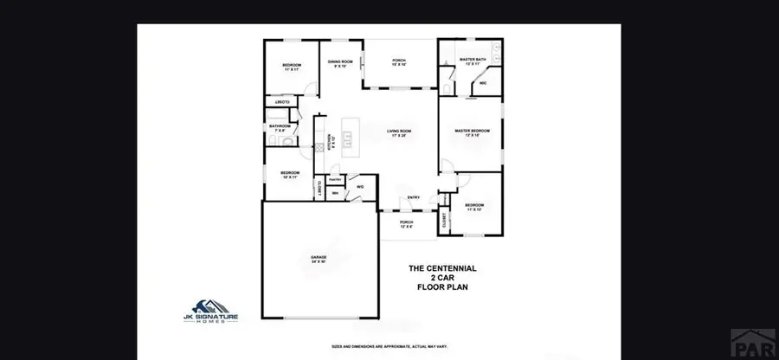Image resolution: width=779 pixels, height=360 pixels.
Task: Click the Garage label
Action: [x=319, y=258]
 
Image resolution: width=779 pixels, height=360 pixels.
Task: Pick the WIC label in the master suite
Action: [x=482, y=83]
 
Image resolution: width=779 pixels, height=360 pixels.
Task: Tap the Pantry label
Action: [x=335, y=179]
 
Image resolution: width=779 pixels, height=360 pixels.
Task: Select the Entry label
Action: [x=414, y=197]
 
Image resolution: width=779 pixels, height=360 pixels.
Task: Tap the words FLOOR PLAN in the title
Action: [x=442, y=286]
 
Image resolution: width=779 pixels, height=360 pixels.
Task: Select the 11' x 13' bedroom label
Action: [x=473, y=207]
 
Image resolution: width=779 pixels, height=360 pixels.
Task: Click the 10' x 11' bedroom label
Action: [x=289, y=174]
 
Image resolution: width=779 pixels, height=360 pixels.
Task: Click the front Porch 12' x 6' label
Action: [x=406, y=223]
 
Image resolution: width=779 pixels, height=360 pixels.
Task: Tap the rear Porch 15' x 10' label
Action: [x=399, y=61]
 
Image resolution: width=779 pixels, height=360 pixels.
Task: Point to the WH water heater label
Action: [x=336, y=193]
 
